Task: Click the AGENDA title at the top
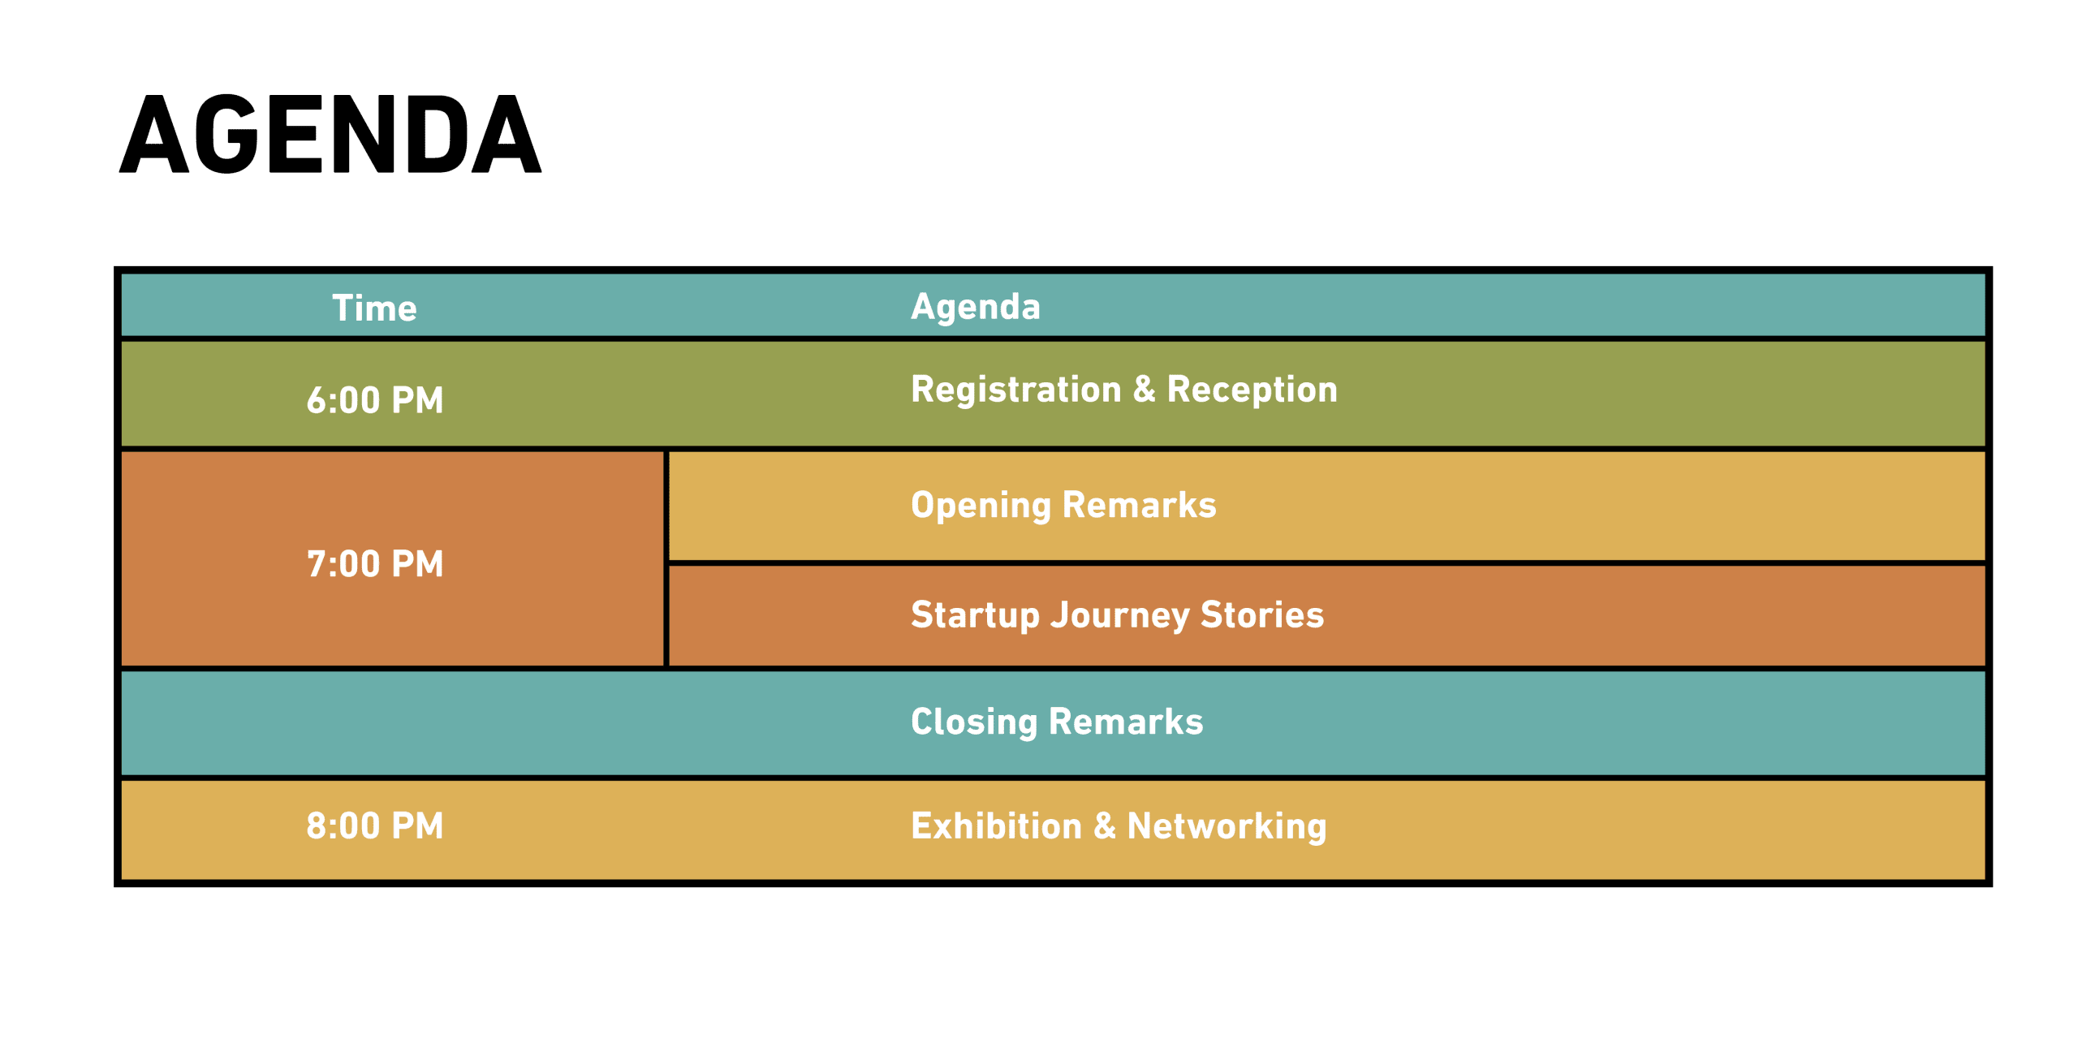pos(330,134)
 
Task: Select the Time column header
pos(374,308)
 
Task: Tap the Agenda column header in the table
pos(976,308)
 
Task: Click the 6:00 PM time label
pos(375,400)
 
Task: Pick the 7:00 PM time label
pos(375,564)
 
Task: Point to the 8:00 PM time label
pos(375,826)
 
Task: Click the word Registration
pos(1016,390)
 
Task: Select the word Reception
pos(1252,390)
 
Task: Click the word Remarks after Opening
pos(1140,505)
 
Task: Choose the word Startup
pos(976,616)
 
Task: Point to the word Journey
pos(1120,616)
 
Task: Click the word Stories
pos(1262,615)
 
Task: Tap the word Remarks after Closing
pos(1126,722)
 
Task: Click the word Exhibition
pos(997,826)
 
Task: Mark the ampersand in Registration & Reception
pos(1145,389)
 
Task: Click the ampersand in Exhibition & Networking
pos(1105,826)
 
